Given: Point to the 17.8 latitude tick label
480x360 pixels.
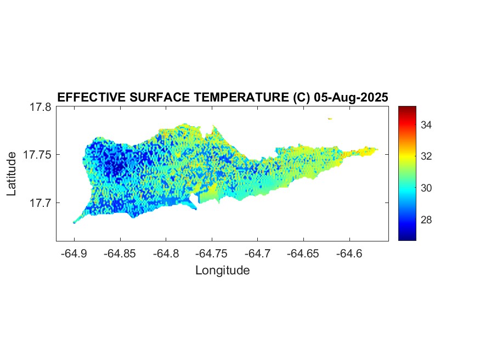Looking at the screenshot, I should [x=40, y=107].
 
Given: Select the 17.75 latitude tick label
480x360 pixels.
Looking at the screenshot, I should [x=37, y=155].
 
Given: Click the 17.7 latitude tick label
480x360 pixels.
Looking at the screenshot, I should [x=40, y=203].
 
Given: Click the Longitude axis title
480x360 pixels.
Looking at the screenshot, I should [x=222, y=270].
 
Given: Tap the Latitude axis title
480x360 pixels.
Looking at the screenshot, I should [x=12, y=175].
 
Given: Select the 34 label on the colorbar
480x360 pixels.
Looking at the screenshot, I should [x=426, y=125].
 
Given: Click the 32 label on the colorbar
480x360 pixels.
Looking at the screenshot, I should [x=426, y=156].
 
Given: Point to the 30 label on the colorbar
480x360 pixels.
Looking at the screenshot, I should [x=426, y=188].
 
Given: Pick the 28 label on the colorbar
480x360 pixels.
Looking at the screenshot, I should [x=426, y=220].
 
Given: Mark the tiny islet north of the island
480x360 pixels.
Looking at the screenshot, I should [x=330, y=118].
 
